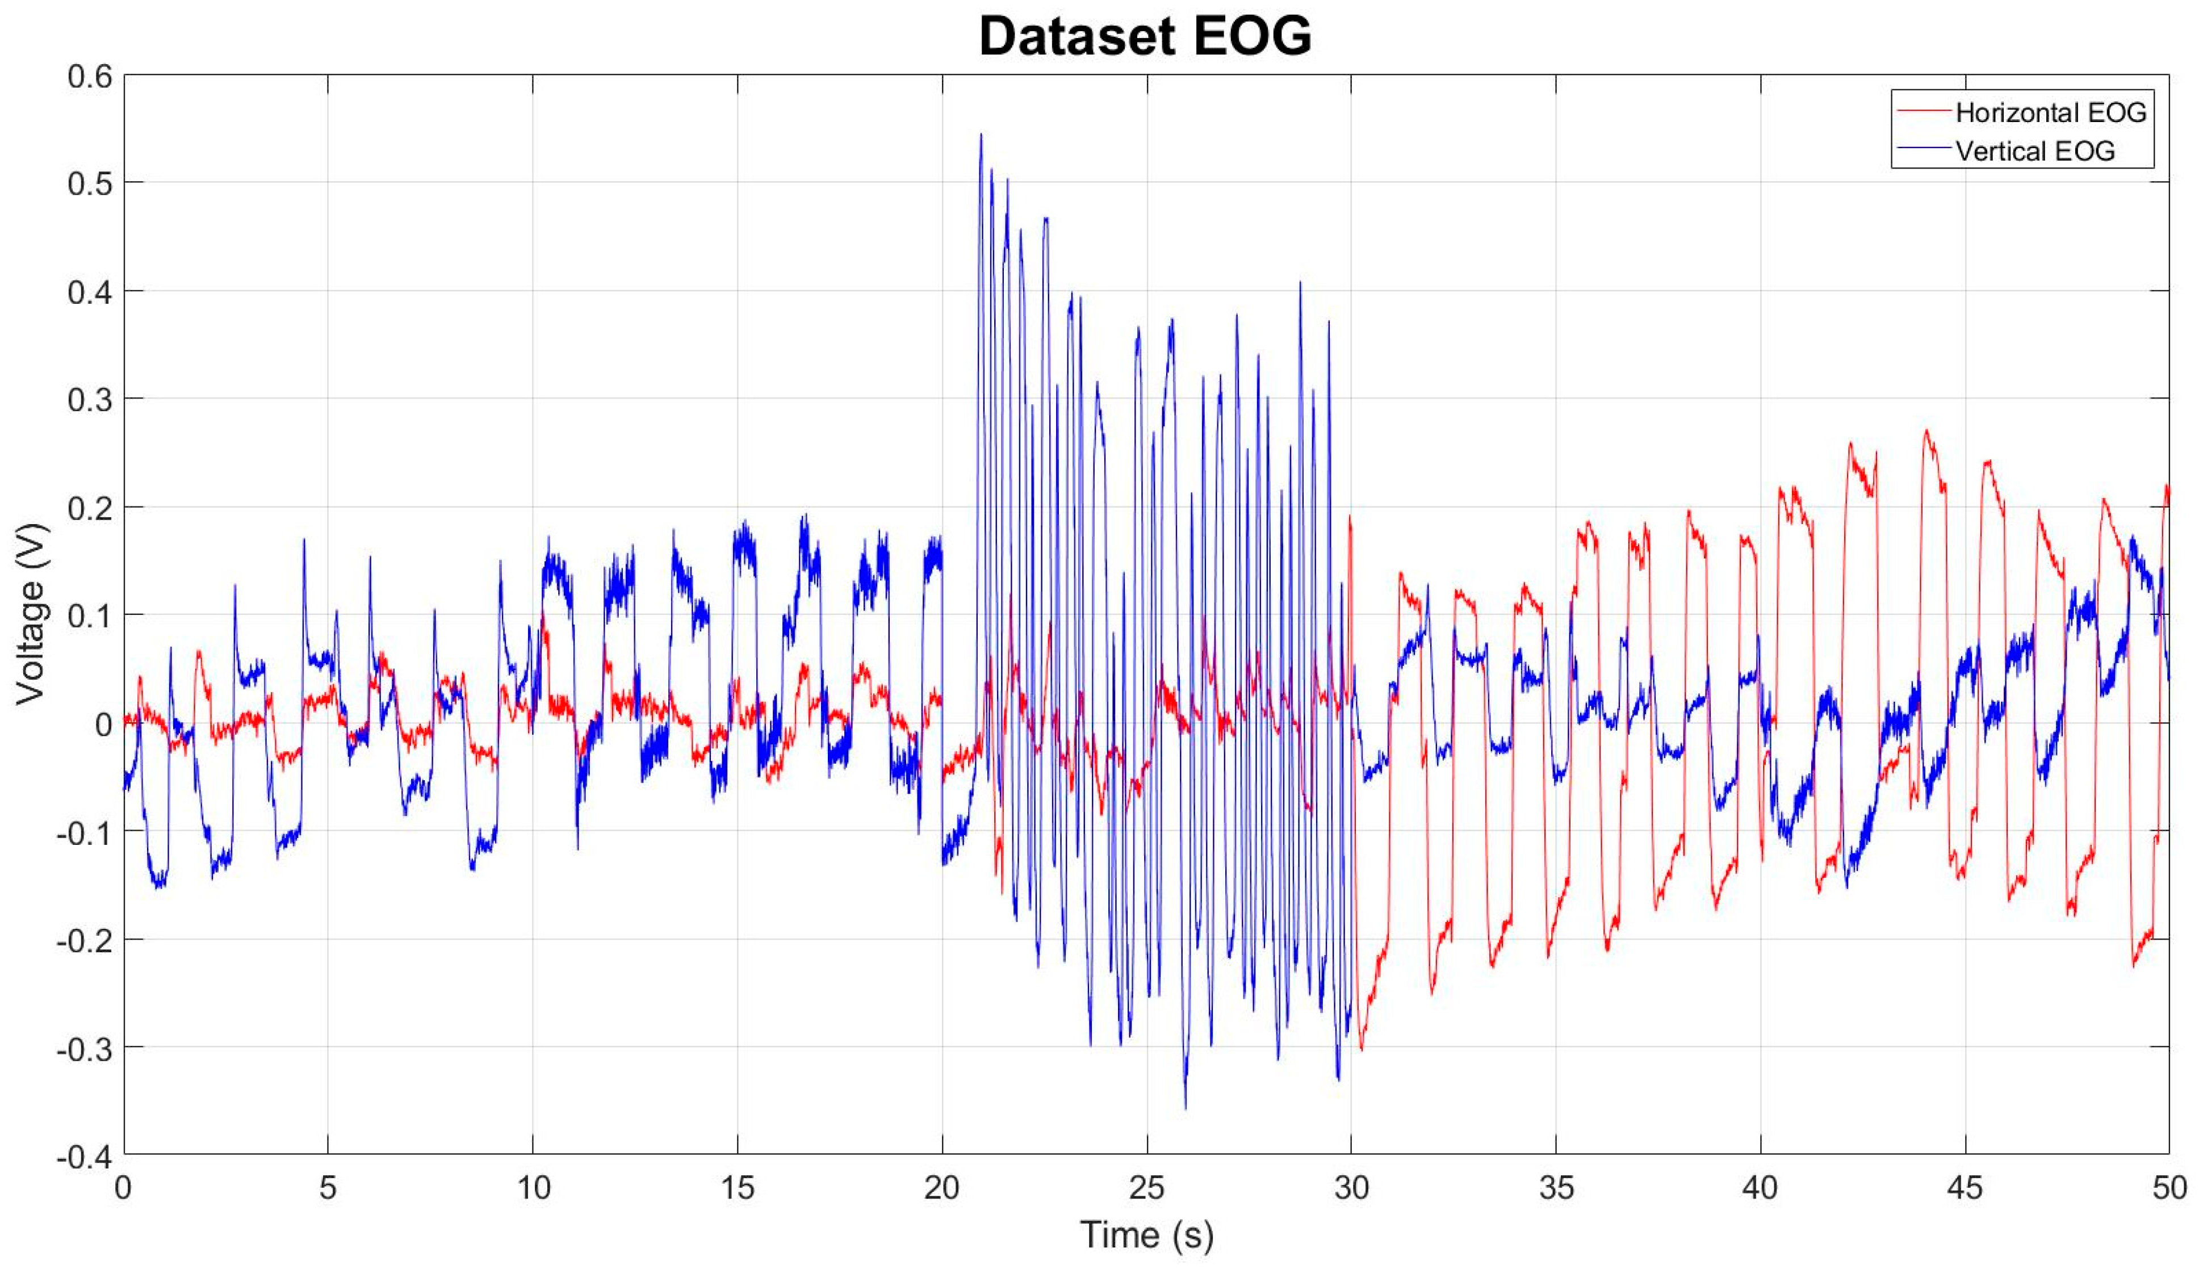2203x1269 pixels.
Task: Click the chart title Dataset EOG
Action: coord(1145,36)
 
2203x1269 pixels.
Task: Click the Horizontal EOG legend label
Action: coord(2050,112)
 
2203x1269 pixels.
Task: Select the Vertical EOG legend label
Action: coord(2035,152)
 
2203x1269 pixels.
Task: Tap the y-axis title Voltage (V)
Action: coord(31,614)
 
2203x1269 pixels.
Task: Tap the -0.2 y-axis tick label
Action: coord(85,940)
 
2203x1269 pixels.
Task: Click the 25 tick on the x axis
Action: coord(1147,1188)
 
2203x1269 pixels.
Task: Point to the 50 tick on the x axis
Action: coord(2169,1188)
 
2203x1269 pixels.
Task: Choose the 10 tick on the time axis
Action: coord(533,1188)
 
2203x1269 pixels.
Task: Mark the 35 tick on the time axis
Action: coord(1556,1188)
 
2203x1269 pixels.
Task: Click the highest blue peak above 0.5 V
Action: coord(981,135)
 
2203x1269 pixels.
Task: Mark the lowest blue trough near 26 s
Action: coord(1185,1107)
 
